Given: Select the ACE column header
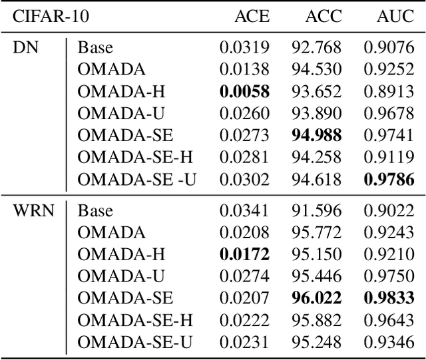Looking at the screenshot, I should click(x=252, y=16).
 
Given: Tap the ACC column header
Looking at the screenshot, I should click(x=322, y=16).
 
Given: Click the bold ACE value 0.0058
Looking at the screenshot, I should click(x=245, y=92).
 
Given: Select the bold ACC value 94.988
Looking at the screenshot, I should click(x=316, y=136).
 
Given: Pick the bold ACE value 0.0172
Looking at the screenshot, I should click(x=245, y=255).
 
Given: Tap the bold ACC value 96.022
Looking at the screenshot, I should click(x=316, y=299).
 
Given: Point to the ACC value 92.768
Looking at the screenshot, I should click(x=316, y=48).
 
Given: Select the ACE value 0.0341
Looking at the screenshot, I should click(x=245, y=212).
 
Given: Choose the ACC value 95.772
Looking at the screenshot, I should click(x=316, y=234).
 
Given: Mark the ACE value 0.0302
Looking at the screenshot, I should click(x=245, y=179).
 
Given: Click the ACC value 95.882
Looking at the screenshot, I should click(x=316, y=320).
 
